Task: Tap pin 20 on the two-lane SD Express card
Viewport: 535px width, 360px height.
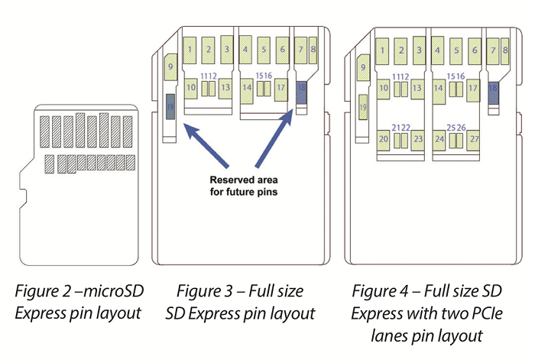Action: (x=383, y=139)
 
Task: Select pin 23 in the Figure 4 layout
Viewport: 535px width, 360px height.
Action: (x=417, y=139)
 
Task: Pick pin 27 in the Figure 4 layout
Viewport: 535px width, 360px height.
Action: (x=475, y=139)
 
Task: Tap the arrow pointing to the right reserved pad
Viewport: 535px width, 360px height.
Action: (x=274, y=141)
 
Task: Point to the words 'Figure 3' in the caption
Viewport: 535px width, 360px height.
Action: (x=202, y=291)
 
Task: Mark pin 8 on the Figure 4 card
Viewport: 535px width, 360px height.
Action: (x=506, y=50)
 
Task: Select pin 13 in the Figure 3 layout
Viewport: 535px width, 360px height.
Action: (x=225, y=88)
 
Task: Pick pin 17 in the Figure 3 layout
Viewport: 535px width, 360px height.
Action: (x=281, y=88)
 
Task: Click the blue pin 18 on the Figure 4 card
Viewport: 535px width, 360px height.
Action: (x=493, y=91)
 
